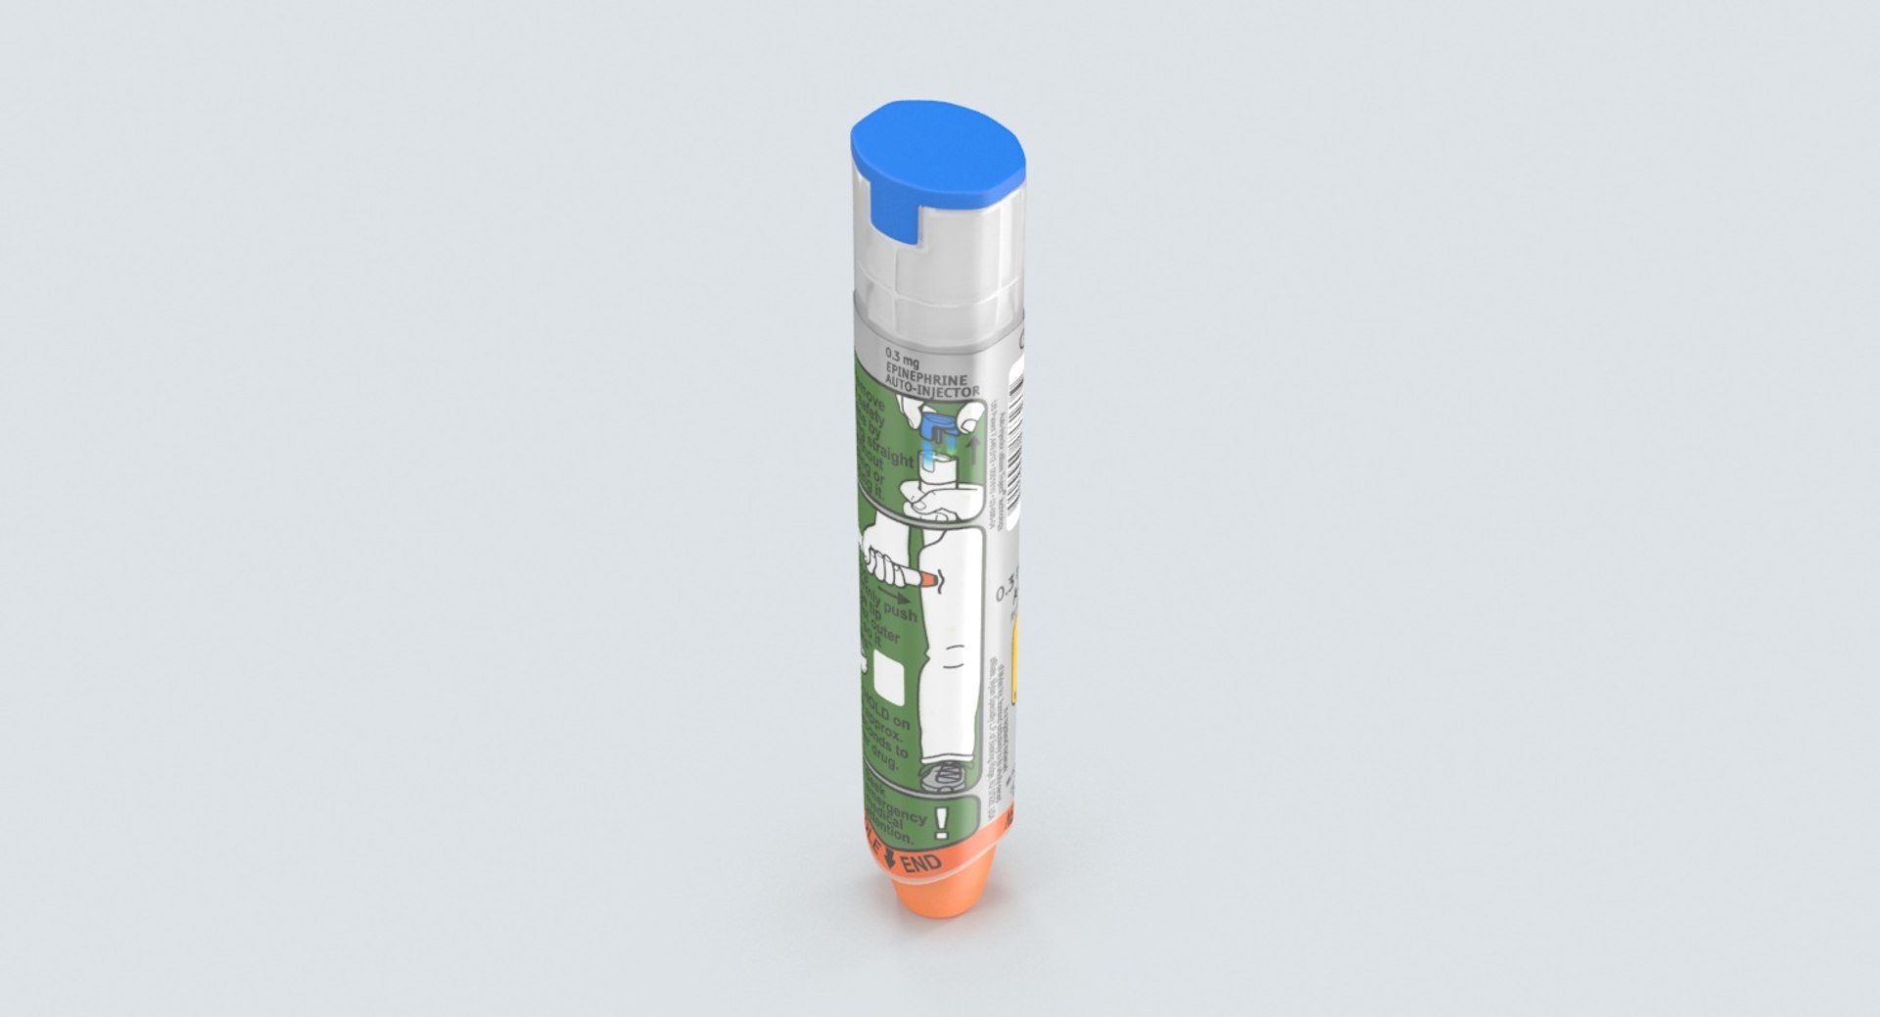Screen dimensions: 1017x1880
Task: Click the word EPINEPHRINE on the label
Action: coord(925,378)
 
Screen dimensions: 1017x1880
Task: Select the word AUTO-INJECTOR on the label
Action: coord(931,391)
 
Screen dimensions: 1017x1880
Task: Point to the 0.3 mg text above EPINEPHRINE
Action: coord(903,360)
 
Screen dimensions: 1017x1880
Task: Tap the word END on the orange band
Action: coord(921,864)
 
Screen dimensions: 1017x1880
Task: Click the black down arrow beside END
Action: coord(889,859)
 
